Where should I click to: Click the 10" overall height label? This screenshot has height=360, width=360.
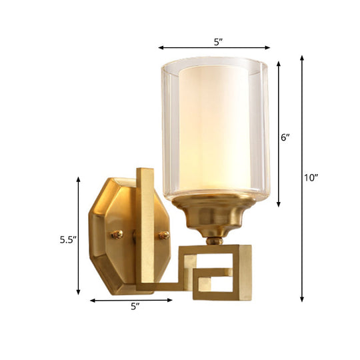coord(311,178)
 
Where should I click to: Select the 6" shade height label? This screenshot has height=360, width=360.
coord(285,138)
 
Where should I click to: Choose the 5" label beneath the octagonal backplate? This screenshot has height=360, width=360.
coord(135,307)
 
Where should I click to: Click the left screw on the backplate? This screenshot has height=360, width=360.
coord(117,234)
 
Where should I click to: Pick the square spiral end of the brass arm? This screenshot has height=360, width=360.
coord(223,271)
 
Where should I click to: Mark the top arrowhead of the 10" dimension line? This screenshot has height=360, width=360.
coord(303,58)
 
